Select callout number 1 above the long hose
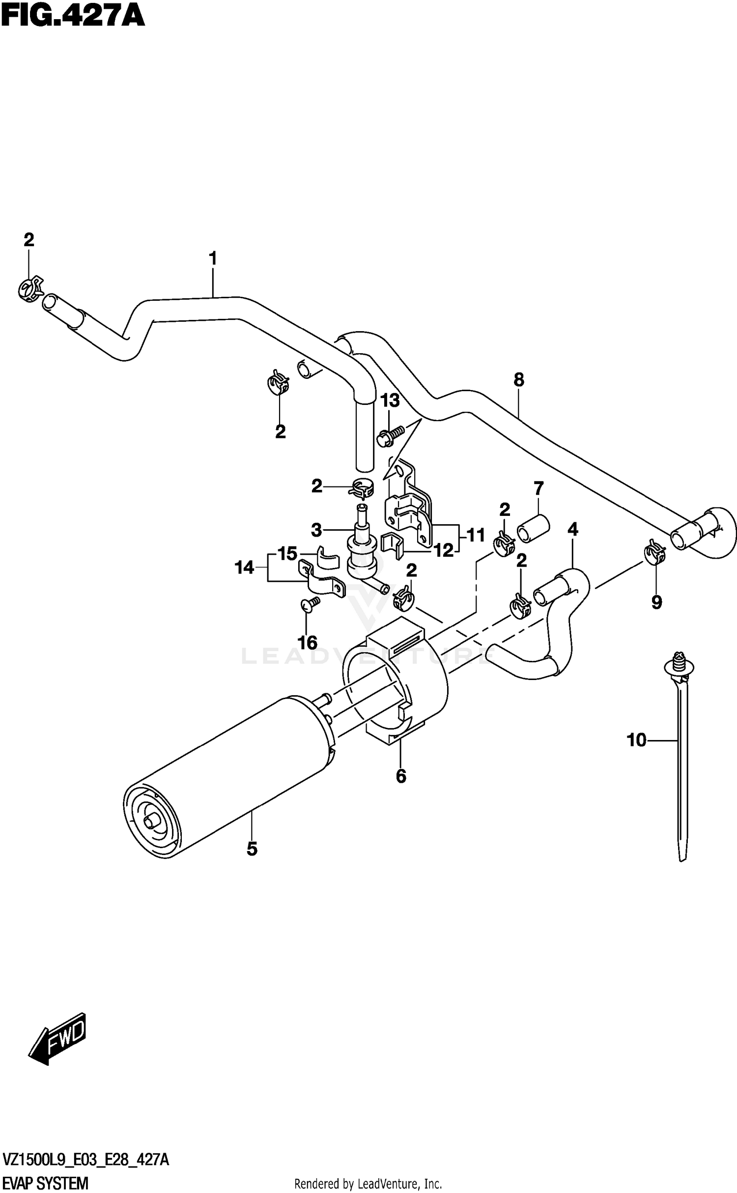pos(213,258)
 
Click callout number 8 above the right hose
pos(519,379)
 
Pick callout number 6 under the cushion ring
pos(401,776)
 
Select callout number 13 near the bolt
pos(390,401)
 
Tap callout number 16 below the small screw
pos(308,643)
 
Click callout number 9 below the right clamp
pos(657,602)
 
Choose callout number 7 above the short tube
pos(539,488)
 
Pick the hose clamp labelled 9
pos(654,552)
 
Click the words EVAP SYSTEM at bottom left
pos(45,1182)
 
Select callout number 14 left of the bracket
pos(244,568)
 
